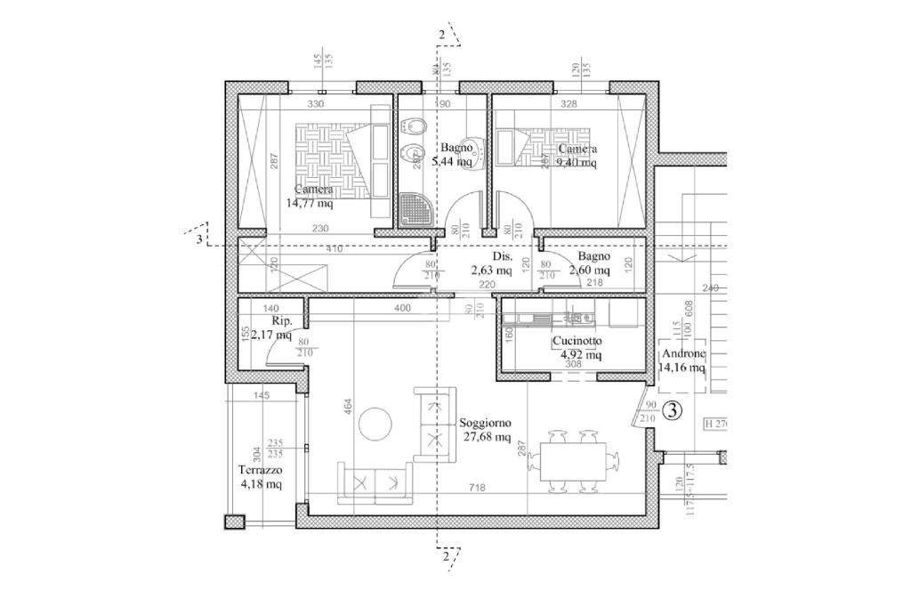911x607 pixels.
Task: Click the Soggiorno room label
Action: pos(486,423)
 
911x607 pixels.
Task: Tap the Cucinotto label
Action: pos(576,341)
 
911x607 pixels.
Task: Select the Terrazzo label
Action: pos(260,470)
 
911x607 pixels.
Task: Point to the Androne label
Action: pos(681,352)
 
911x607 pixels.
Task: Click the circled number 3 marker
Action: pos(673,411)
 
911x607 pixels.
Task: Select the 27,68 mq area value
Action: pos(487,437)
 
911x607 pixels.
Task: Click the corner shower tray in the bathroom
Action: pos(414,211)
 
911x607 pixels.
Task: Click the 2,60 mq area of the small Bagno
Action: pos(588,271)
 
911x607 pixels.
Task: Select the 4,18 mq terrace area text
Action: pos(261,484)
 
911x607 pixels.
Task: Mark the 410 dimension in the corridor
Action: pos(334,249)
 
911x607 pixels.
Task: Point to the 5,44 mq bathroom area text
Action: pos(452,162)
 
